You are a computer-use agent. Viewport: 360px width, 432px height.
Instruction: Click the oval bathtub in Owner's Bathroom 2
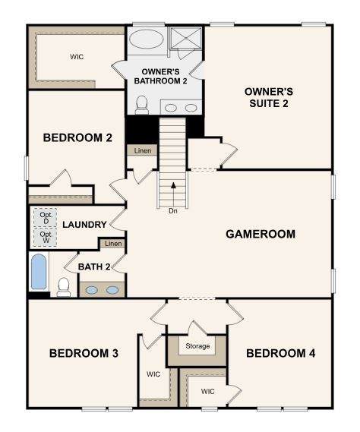click(146, 39)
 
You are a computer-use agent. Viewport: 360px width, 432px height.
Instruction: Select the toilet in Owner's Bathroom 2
click(142, 105)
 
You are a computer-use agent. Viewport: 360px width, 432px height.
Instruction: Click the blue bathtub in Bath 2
click(39, 271)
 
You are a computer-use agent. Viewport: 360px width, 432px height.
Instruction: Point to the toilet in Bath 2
click(64, 287)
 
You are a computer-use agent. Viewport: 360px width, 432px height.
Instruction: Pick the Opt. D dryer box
click(46, 218)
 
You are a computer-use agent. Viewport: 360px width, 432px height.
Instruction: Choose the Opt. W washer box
click(46, 237)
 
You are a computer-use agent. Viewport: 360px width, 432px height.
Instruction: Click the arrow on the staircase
click(173, 194)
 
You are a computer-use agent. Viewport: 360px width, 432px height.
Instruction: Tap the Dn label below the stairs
click(173, 211)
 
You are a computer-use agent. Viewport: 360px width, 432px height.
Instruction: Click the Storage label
click(197, 345)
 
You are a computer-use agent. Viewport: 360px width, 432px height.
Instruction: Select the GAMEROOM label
click(261, 234)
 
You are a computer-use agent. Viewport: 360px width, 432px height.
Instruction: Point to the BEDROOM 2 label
click(77, 137)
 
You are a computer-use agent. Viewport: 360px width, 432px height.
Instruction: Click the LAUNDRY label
click(84, 225)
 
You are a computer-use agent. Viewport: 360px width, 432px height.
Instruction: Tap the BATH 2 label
click(94, 266)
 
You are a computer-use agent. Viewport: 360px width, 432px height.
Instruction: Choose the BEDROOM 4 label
click(281, 353)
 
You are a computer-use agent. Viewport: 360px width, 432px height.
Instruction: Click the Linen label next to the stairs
click(143, 150)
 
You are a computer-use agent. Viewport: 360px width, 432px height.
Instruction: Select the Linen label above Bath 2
click(113, 244)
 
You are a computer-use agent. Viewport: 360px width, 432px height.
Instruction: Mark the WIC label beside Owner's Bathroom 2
click(77, 57)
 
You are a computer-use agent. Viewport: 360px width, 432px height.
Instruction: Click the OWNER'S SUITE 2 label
click(269, 97)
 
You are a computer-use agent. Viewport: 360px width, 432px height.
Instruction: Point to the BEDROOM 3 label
click(84, 353)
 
